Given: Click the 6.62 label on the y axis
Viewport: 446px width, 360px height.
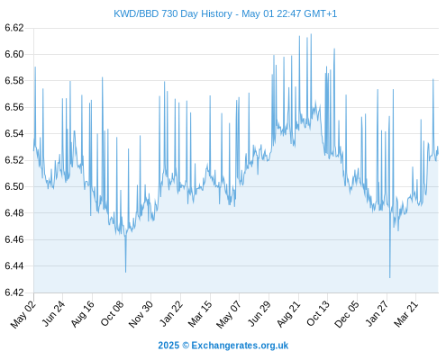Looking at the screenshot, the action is pyautogui.click(x=14, y=28).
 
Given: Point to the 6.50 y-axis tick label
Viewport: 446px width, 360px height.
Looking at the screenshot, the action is pyautogui.click(x=14, y=186).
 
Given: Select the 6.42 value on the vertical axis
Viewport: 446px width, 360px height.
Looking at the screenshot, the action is pyautogui.click(x=14, y=292).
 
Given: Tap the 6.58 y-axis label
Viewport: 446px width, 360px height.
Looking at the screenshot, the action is pyautogui.click(x=14, y=81).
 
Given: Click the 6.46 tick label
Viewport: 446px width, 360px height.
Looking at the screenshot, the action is pyautogui.click(x=14, y=239).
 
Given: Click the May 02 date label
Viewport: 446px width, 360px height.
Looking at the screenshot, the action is pyautogui.click(x=23, y=314).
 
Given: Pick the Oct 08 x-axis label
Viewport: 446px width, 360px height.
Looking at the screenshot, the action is pyautogui.click(x=112, y=314).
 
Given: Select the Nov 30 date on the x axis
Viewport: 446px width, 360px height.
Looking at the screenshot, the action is pyautogui.click(x=141, y=314).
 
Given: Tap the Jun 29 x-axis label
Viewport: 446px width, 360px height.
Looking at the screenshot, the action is pyautogui.click(x=259, y=314).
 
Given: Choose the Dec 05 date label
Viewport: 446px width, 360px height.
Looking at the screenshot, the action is pyautogui.click(x=346, y=314).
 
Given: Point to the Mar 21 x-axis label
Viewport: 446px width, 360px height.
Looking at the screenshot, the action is pyautogui.click(x=405, y=314).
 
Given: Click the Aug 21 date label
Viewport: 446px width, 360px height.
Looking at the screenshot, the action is pyautogui.click(x=288, y=314).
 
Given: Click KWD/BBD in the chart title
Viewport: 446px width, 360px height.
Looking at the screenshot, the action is pyautogui.click(x=136, y=13).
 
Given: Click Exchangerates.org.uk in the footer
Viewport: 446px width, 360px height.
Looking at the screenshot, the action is pyautogui.click(x=240, y=346).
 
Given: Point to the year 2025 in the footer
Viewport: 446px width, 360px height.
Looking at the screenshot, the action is pyautogui.click(x=168, y=346).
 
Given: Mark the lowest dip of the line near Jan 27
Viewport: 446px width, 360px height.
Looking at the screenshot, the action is pyautogui.click(x=390, y=277).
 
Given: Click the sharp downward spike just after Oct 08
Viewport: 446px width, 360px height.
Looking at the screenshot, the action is pyautogui.click(x=125, y=272).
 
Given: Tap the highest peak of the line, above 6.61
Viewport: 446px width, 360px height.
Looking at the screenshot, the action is pyautogui.click(x=311, y=34).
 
